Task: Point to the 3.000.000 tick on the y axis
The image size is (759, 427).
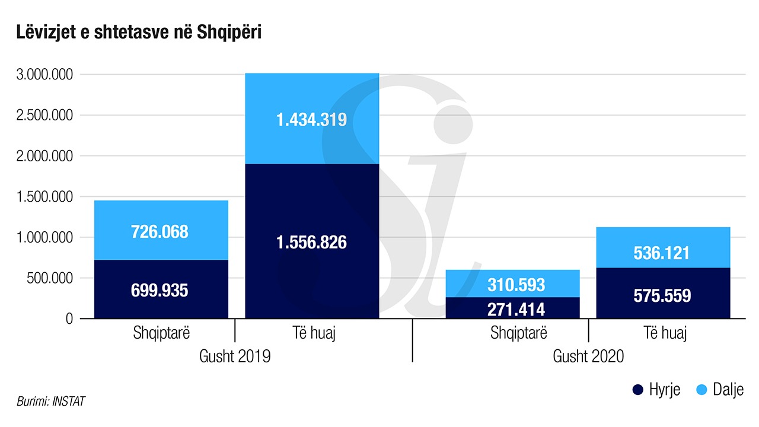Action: (x=45, y=75)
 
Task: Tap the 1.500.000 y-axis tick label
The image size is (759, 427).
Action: (x=45, y=197)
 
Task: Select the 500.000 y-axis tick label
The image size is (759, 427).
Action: (x=50, y=278)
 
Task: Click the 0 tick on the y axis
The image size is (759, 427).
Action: (x=69, y=319)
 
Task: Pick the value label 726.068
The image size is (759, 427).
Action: (x=160, y=231)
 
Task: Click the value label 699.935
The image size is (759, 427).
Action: (x=160, y=291)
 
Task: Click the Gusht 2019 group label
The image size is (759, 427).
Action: (x=235, y=356)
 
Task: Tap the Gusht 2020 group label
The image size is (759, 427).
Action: (x=588, y=356)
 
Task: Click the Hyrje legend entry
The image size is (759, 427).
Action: (x=656, y=390)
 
